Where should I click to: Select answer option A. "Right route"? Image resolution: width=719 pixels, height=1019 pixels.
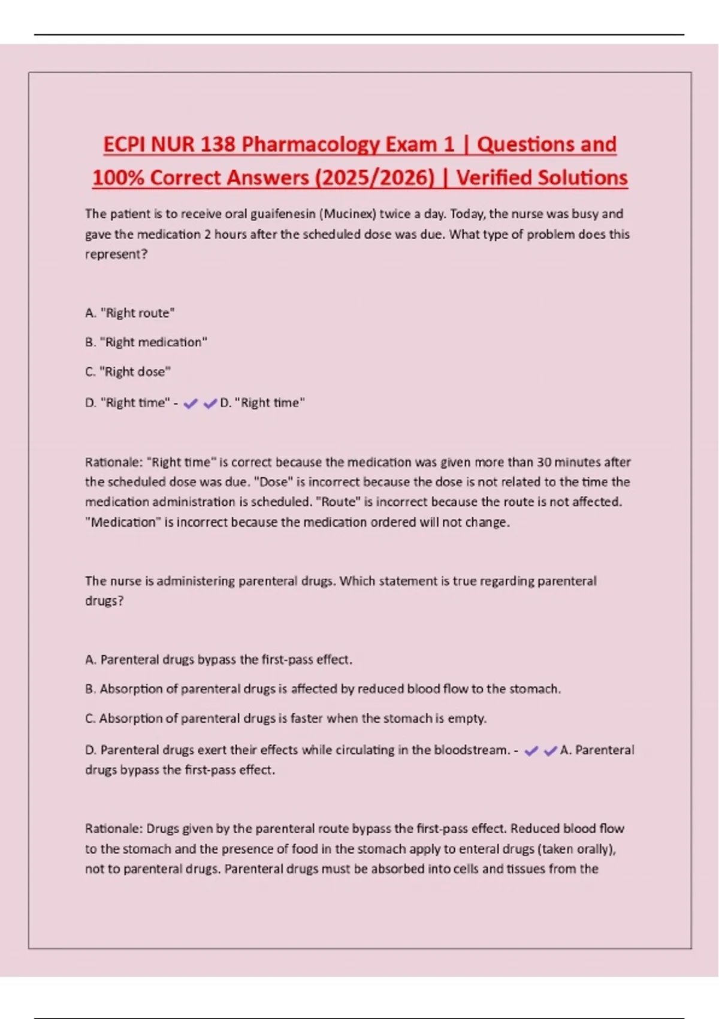click(130, 313)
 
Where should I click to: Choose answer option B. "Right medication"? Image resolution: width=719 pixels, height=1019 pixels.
click(146, 342)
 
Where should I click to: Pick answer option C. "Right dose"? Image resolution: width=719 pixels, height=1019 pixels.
click(128, 372)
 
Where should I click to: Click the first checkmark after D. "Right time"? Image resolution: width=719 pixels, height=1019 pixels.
click(191, 404)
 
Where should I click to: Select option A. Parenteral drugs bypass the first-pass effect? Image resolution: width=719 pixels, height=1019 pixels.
click(219, 660)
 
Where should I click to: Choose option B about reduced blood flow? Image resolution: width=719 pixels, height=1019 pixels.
click(323, 689)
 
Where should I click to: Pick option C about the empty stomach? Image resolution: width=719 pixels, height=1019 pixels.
click(286, 719)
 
